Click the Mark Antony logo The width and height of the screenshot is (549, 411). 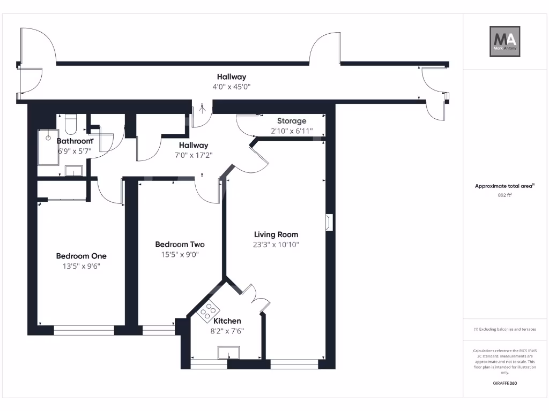[x=506, y=42]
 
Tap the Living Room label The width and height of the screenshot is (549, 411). [x=276, y=234]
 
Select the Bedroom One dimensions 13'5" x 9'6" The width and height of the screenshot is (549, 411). [x=81, y=266]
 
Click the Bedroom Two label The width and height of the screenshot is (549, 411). [x=180, y=245]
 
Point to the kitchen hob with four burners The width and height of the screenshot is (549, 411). [x=207, y=311]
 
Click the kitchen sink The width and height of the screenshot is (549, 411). [x=229, y=353]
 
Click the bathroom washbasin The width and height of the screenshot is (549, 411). [x=73, y=171]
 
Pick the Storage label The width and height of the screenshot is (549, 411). [x=292, y=121]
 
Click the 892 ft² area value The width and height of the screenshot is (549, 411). [x=505, y=196]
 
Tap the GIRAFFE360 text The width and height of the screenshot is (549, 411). [x=505, y=383]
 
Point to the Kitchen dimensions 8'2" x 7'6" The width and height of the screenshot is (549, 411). [x=227, y=331]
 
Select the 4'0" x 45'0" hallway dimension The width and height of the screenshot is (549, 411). [x=232, y=87]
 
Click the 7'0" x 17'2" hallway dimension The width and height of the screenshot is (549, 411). [x=194, y=155]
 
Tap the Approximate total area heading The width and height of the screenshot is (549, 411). [x=505, y=186]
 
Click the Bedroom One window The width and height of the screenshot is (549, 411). [x=84, y=331]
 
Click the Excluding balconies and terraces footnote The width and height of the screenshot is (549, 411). [x=505, y=329]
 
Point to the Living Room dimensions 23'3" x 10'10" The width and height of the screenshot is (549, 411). [x=276, y=245]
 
